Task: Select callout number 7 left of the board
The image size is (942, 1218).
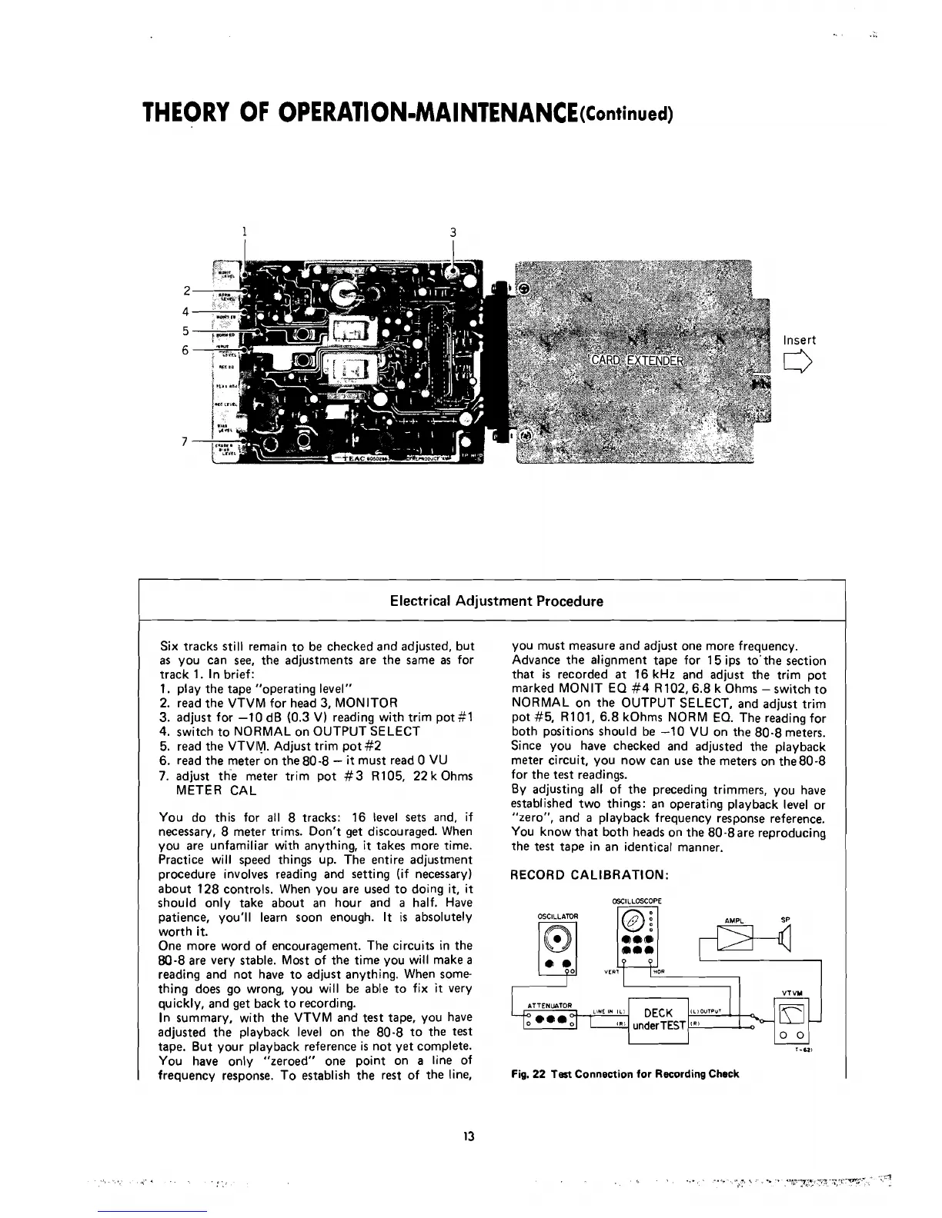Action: pyautogui.click(x=185, y=441)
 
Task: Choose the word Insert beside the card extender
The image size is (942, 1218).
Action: pyautogui.click(x=799, y=340)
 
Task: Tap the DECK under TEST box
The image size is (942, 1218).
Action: pyautogui.click(x=658, y=1019)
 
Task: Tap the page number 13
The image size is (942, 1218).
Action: pyautogui.click(x=469, y=1136)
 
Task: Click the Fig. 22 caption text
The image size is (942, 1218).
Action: pyautogui.click(x=625, y=1073)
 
